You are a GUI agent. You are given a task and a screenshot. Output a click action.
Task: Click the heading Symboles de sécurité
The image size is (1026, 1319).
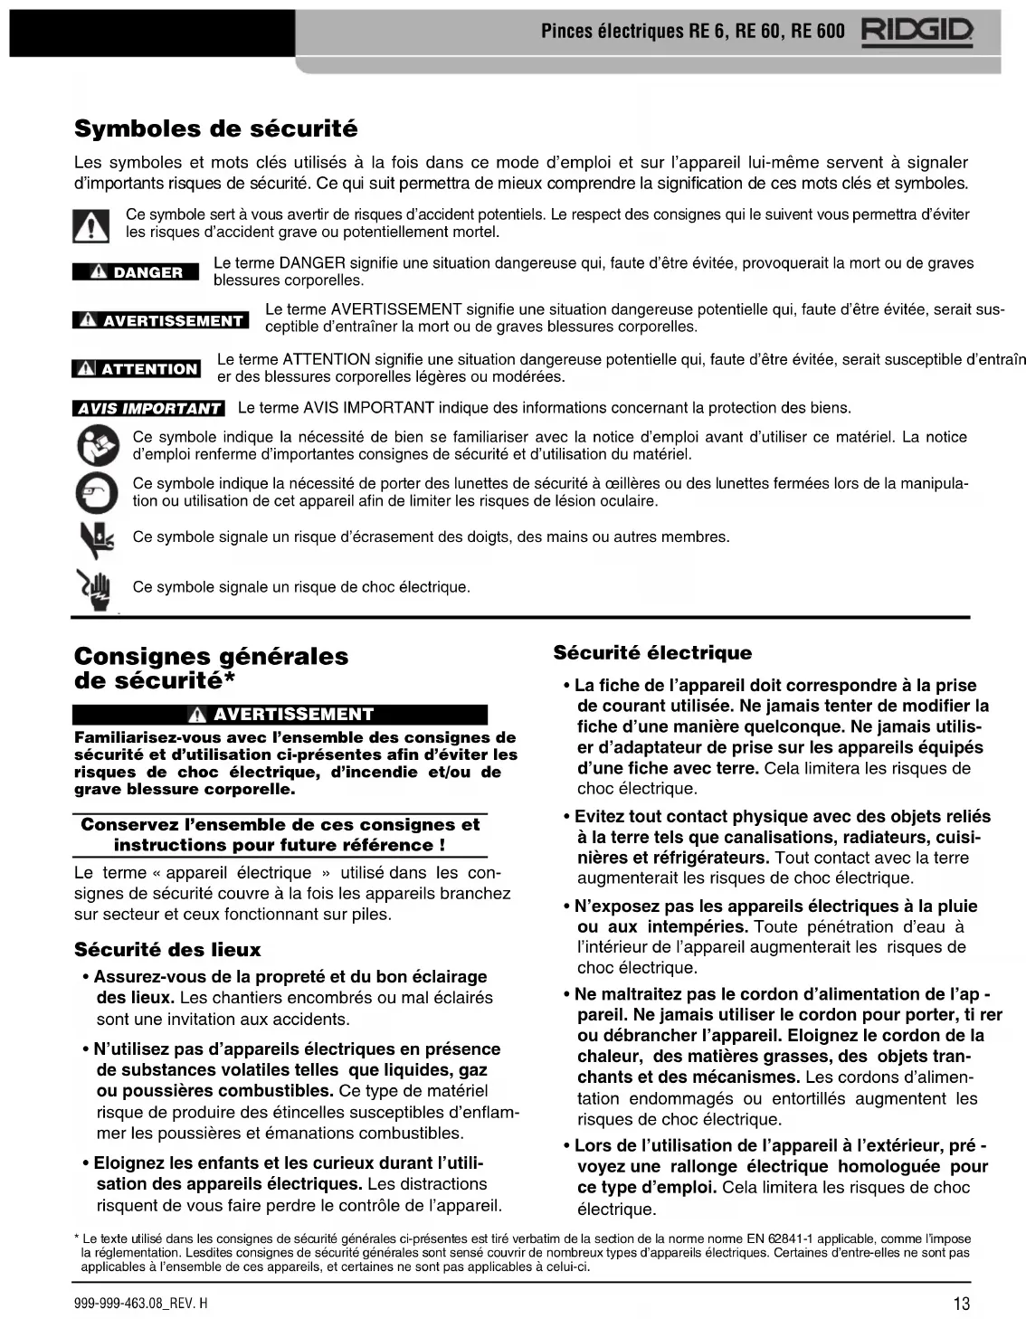click(215, 128)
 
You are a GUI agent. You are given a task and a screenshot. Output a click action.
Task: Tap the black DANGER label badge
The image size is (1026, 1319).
click(136, 272)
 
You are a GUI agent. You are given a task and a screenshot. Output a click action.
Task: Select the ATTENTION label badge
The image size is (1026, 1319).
click(136, 369)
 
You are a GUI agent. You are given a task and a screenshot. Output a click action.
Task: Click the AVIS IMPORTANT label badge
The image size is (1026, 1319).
click(148, 408)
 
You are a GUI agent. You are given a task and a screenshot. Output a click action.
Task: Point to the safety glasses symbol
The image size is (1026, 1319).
click(96, 492)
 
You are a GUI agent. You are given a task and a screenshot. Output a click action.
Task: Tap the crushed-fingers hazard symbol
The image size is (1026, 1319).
click(95, 540)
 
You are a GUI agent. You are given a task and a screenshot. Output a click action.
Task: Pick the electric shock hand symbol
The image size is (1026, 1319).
click(94, 588)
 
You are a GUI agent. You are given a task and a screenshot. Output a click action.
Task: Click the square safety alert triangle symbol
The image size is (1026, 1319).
click(90, 224)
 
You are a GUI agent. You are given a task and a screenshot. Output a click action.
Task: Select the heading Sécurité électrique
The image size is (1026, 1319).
click(652, 653)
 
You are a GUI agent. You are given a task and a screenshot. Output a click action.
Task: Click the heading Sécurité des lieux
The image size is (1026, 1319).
click(167, 950)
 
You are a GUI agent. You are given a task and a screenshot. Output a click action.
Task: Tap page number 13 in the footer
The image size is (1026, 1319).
click(961, 1304)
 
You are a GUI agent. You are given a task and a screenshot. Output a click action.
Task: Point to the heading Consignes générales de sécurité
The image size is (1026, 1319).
click(211, 668)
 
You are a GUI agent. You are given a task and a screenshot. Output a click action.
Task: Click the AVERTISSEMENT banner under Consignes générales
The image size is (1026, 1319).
click(280, 715)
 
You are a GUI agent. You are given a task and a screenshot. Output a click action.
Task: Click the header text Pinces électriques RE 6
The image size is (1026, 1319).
click(623, 32)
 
